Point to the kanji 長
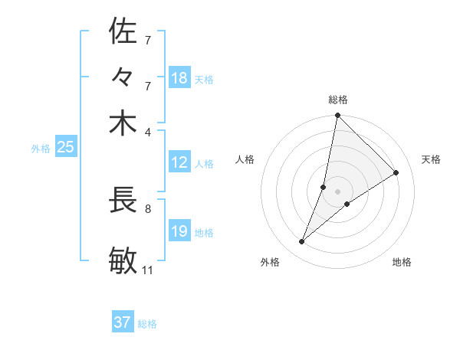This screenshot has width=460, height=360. (x=123, y=201)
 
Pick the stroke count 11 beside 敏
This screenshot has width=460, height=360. (x=148, y=270)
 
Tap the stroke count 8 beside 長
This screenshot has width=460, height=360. (x=148, y=208)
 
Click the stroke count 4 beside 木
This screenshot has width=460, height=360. (x=148, y=131)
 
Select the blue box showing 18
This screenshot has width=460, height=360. (x=179, y=78)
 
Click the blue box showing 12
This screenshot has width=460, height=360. (x=179, y=162)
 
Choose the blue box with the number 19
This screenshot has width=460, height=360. (x=179, y=231)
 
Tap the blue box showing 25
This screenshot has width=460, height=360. (x=66, y=148)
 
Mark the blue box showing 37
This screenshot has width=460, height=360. (x=123, y=322)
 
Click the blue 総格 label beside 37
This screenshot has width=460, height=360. (x=147, y=324)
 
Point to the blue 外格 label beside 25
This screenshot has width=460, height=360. (x=41, y=149)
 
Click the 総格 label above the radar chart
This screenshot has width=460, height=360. (x=338, y=100)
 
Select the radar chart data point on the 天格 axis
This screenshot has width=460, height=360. (x=396, y=172)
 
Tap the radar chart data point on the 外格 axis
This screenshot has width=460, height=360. (x=302, y=242)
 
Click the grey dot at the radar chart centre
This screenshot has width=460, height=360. (x=338, y=191)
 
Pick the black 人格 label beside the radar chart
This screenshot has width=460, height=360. (x=245, y=159)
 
